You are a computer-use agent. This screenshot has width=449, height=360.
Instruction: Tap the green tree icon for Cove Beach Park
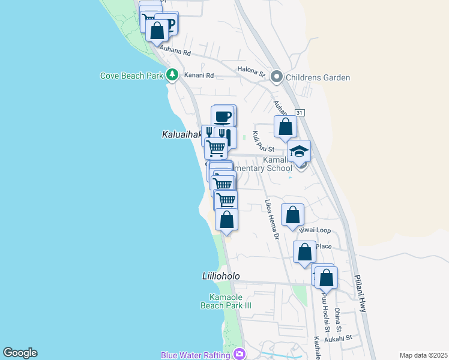click(x=173, y=75)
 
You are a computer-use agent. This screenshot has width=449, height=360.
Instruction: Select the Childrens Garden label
click(x=318, y=77)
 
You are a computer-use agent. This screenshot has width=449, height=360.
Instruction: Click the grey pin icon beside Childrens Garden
click(x=277, y=77)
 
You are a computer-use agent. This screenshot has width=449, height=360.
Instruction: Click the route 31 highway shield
click(x=300, y=113)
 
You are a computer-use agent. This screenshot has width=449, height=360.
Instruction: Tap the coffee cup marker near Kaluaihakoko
click(x=223, y=116)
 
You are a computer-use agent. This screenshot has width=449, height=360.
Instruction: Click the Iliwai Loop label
click(x=315, y=230)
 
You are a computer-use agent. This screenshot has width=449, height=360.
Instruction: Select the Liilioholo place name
click(x=220, y=276)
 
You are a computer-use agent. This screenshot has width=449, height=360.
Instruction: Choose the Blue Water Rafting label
click(x=195, y=355)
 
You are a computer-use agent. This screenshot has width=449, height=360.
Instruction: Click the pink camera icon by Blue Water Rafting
click(x=240, y=354)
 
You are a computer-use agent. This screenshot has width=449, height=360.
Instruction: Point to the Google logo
click(x=20, y=353)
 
